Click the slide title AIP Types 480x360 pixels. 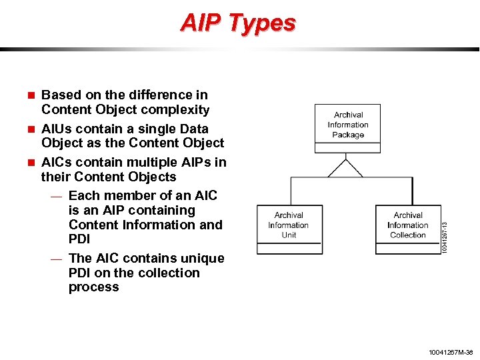point(238,23)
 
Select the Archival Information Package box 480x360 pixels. point(347,124)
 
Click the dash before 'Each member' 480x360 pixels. point(57,197)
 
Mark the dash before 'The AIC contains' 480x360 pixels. point(57,259)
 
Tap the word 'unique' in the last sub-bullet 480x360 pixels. point(204,258)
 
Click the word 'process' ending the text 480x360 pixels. point(93,287)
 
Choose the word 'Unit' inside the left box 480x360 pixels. point(289,235)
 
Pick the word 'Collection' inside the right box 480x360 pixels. point(408,235)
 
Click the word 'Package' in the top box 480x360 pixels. point(348,135)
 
